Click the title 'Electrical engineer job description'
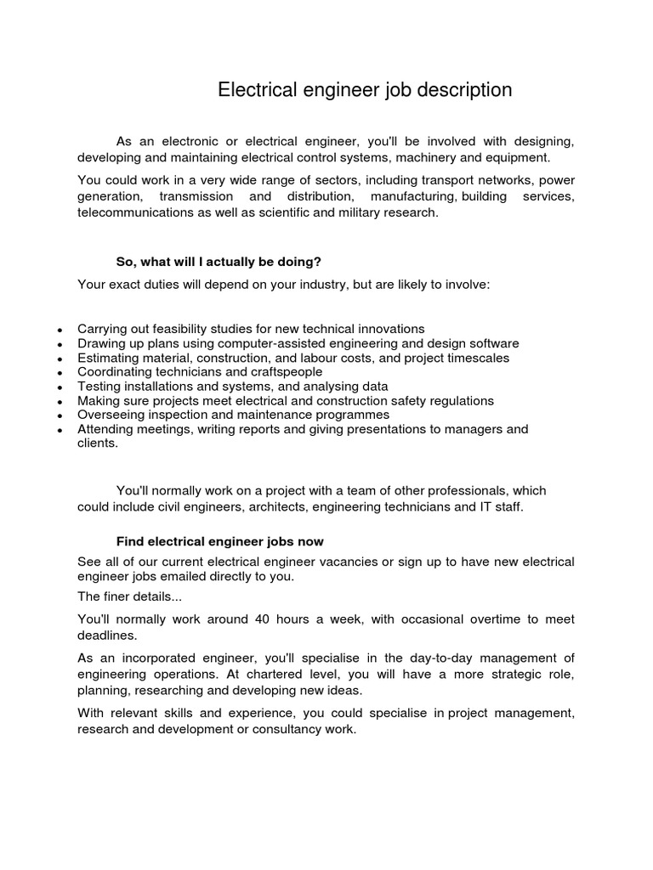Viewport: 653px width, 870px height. point(365,90)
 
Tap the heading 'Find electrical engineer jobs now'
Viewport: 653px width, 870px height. point(219,541)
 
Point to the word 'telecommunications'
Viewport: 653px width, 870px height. point(130,212)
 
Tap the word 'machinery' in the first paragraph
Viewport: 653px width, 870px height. point(436,157)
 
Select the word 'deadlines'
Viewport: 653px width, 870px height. point(106,634)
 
